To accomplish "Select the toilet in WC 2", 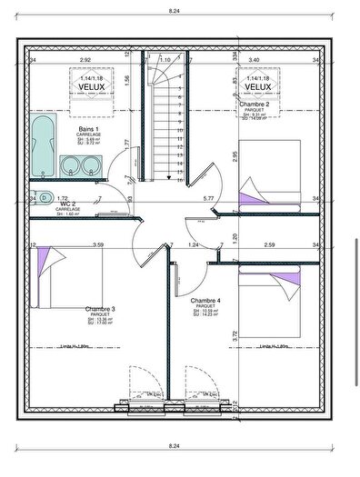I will click(x=43, y=195).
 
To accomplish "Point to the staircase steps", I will click(x=169, y=127).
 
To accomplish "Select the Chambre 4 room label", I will click(x=206, y=300).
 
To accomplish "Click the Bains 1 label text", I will click(x=88, y=129).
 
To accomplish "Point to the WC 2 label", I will click(x=66, y=204).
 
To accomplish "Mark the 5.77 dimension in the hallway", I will click(x=207, y=197).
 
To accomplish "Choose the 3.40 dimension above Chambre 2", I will click(x=254, y=60).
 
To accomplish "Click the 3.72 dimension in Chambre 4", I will click(x=235, y=334).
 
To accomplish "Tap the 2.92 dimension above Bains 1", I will click(x=85, y=60).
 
